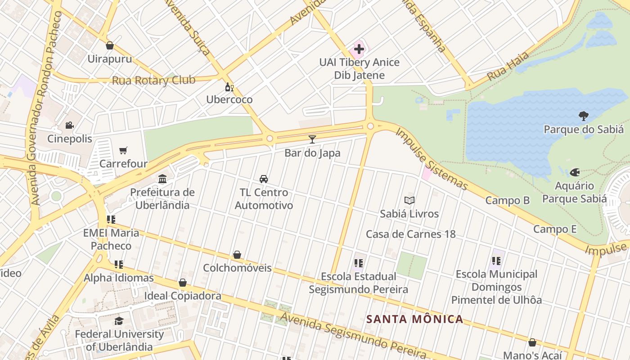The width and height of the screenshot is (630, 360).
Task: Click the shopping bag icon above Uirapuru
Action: [x=109, y=45]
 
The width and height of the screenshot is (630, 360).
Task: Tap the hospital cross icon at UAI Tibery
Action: [x=359, y=49]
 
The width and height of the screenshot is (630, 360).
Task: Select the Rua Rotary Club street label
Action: [x=153, y=81]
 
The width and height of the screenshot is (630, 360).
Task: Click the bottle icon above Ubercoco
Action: [x=229, y=86]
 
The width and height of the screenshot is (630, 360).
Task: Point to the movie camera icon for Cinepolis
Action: [x=69, y=125]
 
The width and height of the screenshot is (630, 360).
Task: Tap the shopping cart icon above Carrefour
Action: [x=123, y=150]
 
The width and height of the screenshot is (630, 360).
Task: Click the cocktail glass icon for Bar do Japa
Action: [x=312, y=139]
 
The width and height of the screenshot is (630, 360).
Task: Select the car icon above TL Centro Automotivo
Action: [x=264, y=179]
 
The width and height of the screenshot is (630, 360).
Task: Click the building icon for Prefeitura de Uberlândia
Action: [x=162, y=179]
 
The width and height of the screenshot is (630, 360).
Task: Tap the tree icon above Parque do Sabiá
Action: [x=583, y=116]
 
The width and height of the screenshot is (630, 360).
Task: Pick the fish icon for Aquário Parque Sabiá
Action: [x=575, y=172]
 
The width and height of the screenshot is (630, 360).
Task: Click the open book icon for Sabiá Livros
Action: [x=409, y=200]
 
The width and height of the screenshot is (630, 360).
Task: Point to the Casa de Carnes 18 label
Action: [x=410, y=234]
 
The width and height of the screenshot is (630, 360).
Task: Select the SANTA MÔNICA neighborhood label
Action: [x=414, y=319]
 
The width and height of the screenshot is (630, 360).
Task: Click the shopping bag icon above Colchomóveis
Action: [x=237, y=255]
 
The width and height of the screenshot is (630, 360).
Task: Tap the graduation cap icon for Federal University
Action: [x=119, y=321]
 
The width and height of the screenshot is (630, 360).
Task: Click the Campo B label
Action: [x=507, y=200]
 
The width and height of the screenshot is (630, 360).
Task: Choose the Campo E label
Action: [x=555, y=229]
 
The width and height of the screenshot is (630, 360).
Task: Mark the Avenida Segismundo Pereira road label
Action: [x=353, y=336]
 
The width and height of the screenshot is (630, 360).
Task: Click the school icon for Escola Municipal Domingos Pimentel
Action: [x=496, y=261]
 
